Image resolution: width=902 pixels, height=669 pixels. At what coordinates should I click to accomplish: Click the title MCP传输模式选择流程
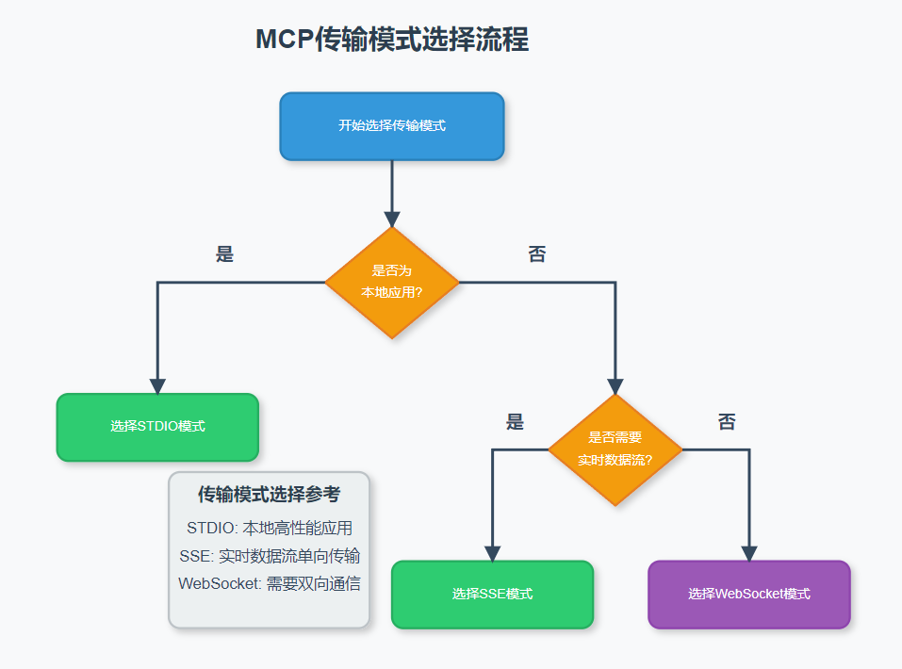pyautogui.click(x=392, y=40)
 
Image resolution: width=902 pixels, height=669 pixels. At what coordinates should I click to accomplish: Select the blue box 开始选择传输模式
pyautogui.click(x=392, y=126)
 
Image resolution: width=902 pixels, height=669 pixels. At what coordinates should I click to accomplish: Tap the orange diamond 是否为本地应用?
pyautogui.click(x=392, y=282)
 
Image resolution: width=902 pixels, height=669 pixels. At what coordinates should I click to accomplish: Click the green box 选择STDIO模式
pyautogui.click(x=157, y=427)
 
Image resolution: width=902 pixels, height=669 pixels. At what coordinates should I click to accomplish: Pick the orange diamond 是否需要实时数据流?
pyautogui.click(x=615, y=449)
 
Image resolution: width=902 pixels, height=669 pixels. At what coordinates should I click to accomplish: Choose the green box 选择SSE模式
pyautogui.click(x=492, y=595)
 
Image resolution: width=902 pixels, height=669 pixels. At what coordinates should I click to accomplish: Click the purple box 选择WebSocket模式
pyautogui.click(x=749, y=595)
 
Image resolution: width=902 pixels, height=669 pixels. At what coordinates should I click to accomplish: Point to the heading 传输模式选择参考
pyautogui.click(x=269, y=495)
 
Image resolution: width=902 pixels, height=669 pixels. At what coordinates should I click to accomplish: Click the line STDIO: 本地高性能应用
pyautogui.click(x=269, y=528)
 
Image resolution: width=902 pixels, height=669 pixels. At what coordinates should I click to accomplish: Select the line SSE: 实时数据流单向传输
pyautogui.click(x=269, y=556)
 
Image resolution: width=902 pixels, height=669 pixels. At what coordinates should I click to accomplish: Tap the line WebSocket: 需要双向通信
pyautogui.click(x=269, y=584)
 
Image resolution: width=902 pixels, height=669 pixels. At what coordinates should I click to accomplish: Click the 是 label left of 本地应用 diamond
pyautogui.click(x=224, y=254)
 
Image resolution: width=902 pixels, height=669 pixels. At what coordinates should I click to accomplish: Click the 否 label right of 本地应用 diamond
pyautogui.click(x=536, y=254)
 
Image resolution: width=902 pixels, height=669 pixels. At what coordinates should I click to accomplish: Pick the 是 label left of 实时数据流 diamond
pyautogui.click(x=515, y=422)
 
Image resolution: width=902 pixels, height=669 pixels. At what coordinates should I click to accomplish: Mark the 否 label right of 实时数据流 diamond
pyautogui.click(x=727, y=422)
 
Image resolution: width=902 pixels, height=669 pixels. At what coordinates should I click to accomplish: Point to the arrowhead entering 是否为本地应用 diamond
pyautogui.click(x=392, y=219)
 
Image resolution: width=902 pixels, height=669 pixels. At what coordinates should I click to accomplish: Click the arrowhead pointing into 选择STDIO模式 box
pyautogui.click(x=157, y=386)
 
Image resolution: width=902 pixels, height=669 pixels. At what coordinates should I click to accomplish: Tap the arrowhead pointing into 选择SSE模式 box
pyautogui.click(x=492, y=554)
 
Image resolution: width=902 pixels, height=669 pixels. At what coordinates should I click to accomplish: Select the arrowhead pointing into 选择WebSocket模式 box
pyautogui.click(x=749, y=554)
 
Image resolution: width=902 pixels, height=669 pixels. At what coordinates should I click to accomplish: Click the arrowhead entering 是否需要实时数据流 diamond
pyautogui.click(x=615, y=386)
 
